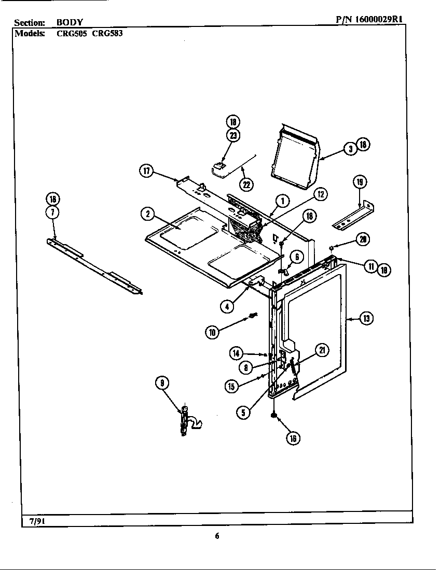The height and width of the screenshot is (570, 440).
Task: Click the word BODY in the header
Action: [x=70, y=23]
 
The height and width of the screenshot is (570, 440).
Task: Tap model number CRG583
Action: [x=107, y=33]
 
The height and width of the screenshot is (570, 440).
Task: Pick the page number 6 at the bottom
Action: [x=217, y=536]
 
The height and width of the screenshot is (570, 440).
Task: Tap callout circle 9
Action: [x=162, y=383]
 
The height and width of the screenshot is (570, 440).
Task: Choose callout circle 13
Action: [x=366, y=318]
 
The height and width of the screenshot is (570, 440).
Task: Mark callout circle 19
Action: [x=360, y=182]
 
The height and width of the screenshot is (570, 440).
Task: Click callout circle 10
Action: [x=212, y=332]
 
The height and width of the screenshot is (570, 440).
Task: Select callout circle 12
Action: [x=320, y=194]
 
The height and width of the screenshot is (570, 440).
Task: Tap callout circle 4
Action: [x=226, y=306]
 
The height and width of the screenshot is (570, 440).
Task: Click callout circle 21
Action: [x=322, y=351]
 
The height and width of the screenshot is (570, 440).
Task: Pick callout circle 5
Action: [x=243, y=412]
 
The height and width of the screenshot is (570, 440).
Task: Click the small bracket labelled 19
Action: [x=353, y=217]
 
